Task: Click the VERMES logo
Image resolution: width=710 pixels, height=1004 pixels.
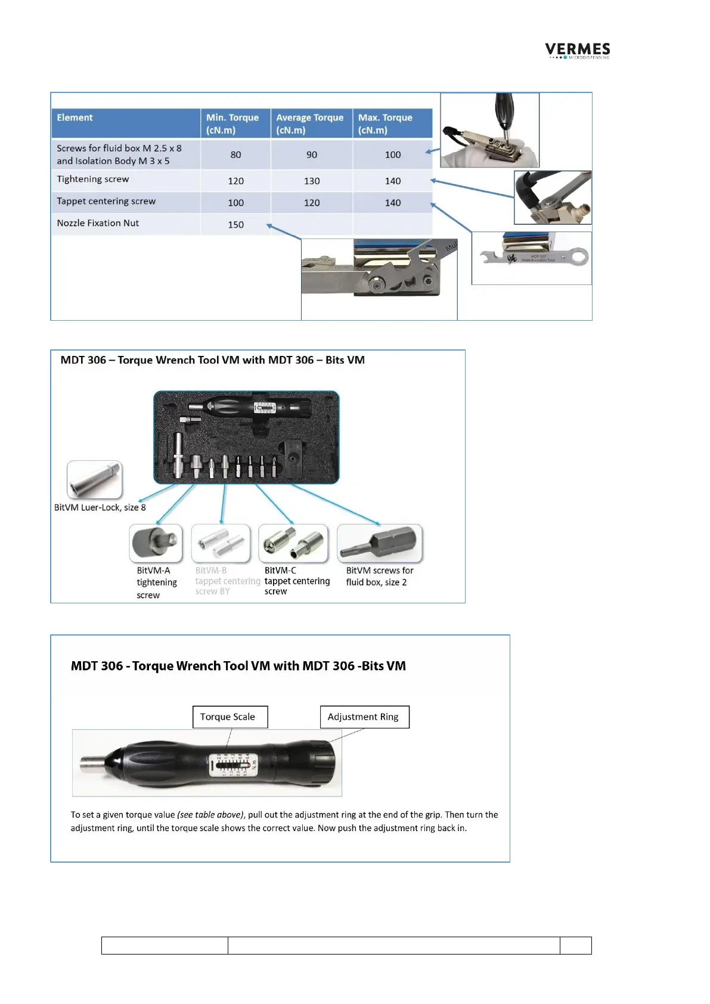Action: pyautogui.click(x=577, y=51)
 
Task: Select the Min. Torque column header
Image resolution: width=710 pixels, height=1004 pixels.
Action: pyautogui.click(x=235, y=123)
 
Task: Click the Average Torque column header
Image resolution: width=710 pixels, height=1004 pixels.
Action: pyautogui.click(x=311, y=123)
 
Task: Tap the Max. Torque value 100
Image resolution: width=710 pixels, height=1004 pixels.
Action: pyautogui.click(x=392, y=155)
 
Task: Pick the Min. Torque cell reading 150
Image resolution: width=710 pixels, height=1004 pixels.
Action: pyautogui.click(x=235, y=225)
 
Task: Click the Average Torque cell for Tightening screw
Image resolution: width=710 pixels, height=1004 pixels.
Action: pyautogui.click(x=311, y=181)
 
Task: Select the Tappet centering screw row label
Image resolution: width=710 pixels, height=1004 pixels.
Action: pyautogui.click(x=106, y=202)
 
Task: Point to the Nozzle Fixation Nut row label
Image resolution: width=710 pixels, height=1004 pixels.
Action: pyautogui.click(x=98, y=223)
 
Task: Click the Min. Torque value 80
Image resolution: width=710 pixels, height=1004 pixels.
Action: pyautogui.click(x=235, y=155)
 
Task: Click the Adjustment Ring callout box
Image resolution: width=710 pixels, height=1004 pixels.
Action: pyautogui.click(x=364, y=717)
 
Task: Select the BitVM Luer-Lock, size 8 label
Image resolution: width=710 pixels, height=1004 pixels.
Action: pyautogui.click(x=100, y=507)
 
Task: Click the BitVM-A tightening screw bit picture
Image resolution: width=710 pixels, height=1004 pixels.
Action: pyautogui.click(x=156, y=543)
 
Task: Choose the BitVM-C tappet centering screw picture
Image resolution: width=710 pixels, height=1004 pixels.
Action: pyautogui.click(x=293, y=543)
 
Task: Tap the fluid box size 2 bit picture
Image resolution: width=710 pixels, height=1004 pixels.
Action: pyautogui.click(x=379, y=543)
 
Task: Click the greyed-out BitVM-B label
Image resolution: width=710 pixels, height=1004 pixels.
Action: pyautogui.click(x=211, y=571)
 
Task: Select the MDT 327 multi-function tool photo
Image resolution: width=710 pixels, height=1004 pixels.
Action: pyautogui.click(x=531, y=258)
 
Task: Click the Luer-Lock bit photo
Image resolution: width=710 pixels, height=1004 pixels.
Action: pyautogui.click(x=94, y=479)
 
